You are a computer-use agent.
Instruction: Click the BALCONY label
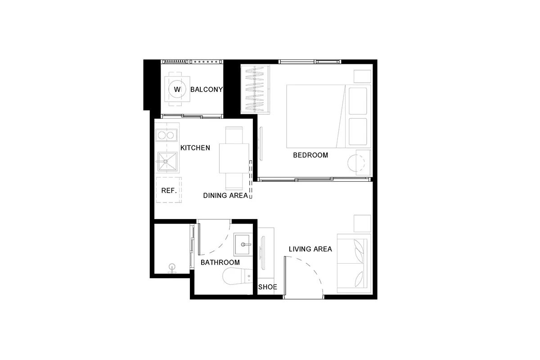(x=207, y=90)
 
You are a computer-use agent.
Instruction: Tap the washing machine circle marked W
(x=177, y=89)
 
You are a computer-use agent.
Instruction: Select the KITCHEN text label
(x=195, y=148)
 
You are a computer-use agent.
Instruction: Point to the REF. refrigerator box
(x=169, y=190)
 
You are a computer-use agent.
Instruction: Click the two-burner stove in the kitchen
(x=166, y=135)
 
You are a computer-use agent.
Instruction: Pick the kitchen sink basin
(x=167, y=161)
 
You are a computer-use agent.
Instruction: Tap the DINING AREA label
(x=225, y=196)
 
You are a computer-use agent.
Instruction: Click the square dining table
(x=234, y=158)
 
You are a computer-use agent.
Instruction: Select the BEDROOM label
(x=310, y=155)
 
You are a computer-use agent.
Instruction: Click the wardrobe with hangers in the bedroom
(x=255, y=89)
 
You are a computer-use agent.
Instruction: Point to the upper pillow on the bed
(x=358, y=101)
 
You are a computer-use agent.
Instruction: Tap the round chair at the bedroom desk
(x=356, y=163)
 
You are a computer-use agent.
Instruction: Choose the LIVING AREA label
(x=310, y=249)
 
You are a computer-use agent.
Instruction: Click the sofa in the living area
(x=354, y=263)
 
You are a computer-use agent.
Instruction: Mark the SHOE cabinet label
(x=268, y=287)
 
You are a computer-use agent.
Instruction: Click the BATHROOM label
(x=220, y=262)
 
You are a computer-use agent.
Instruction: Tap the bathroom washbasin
(x=243, y=244)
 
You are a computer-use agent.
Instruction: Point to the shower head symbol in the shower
(x=172, y=269)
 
